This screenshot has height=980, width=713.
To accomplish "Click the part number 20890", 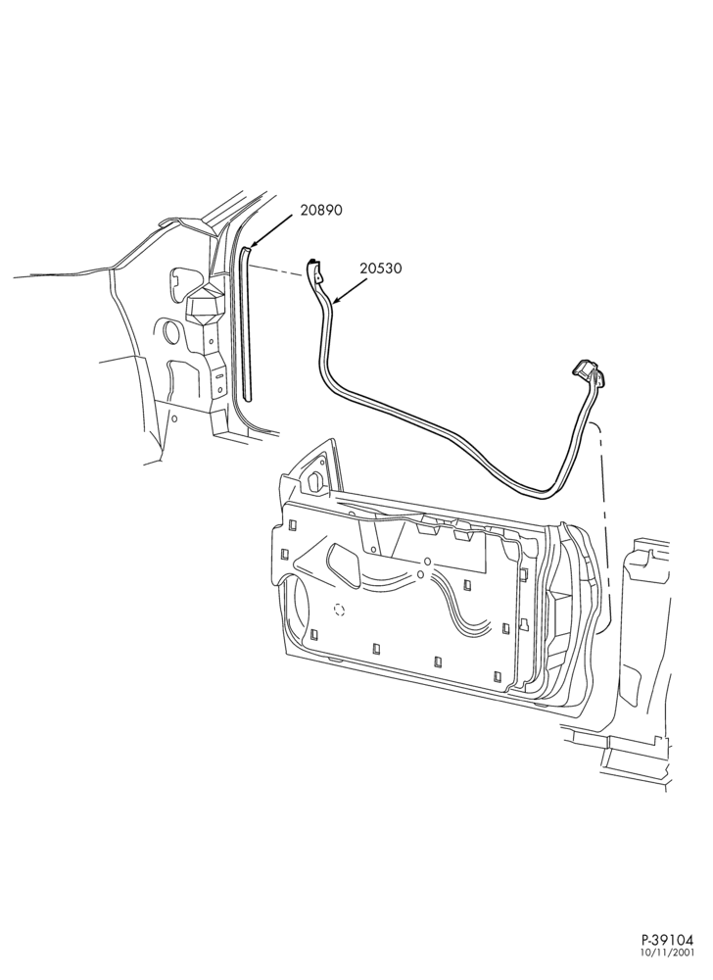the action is [321, 210].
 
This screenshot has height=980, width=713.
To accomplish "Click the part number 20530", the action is [381, 269].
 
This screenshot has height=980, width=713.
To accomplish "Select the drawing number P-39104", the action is [667, 956].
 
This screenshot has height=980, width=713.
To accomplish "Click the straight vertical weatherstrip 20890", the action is [246, 323].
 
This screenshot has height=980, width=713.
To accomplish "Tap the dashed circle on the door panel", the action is [340, 610].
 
